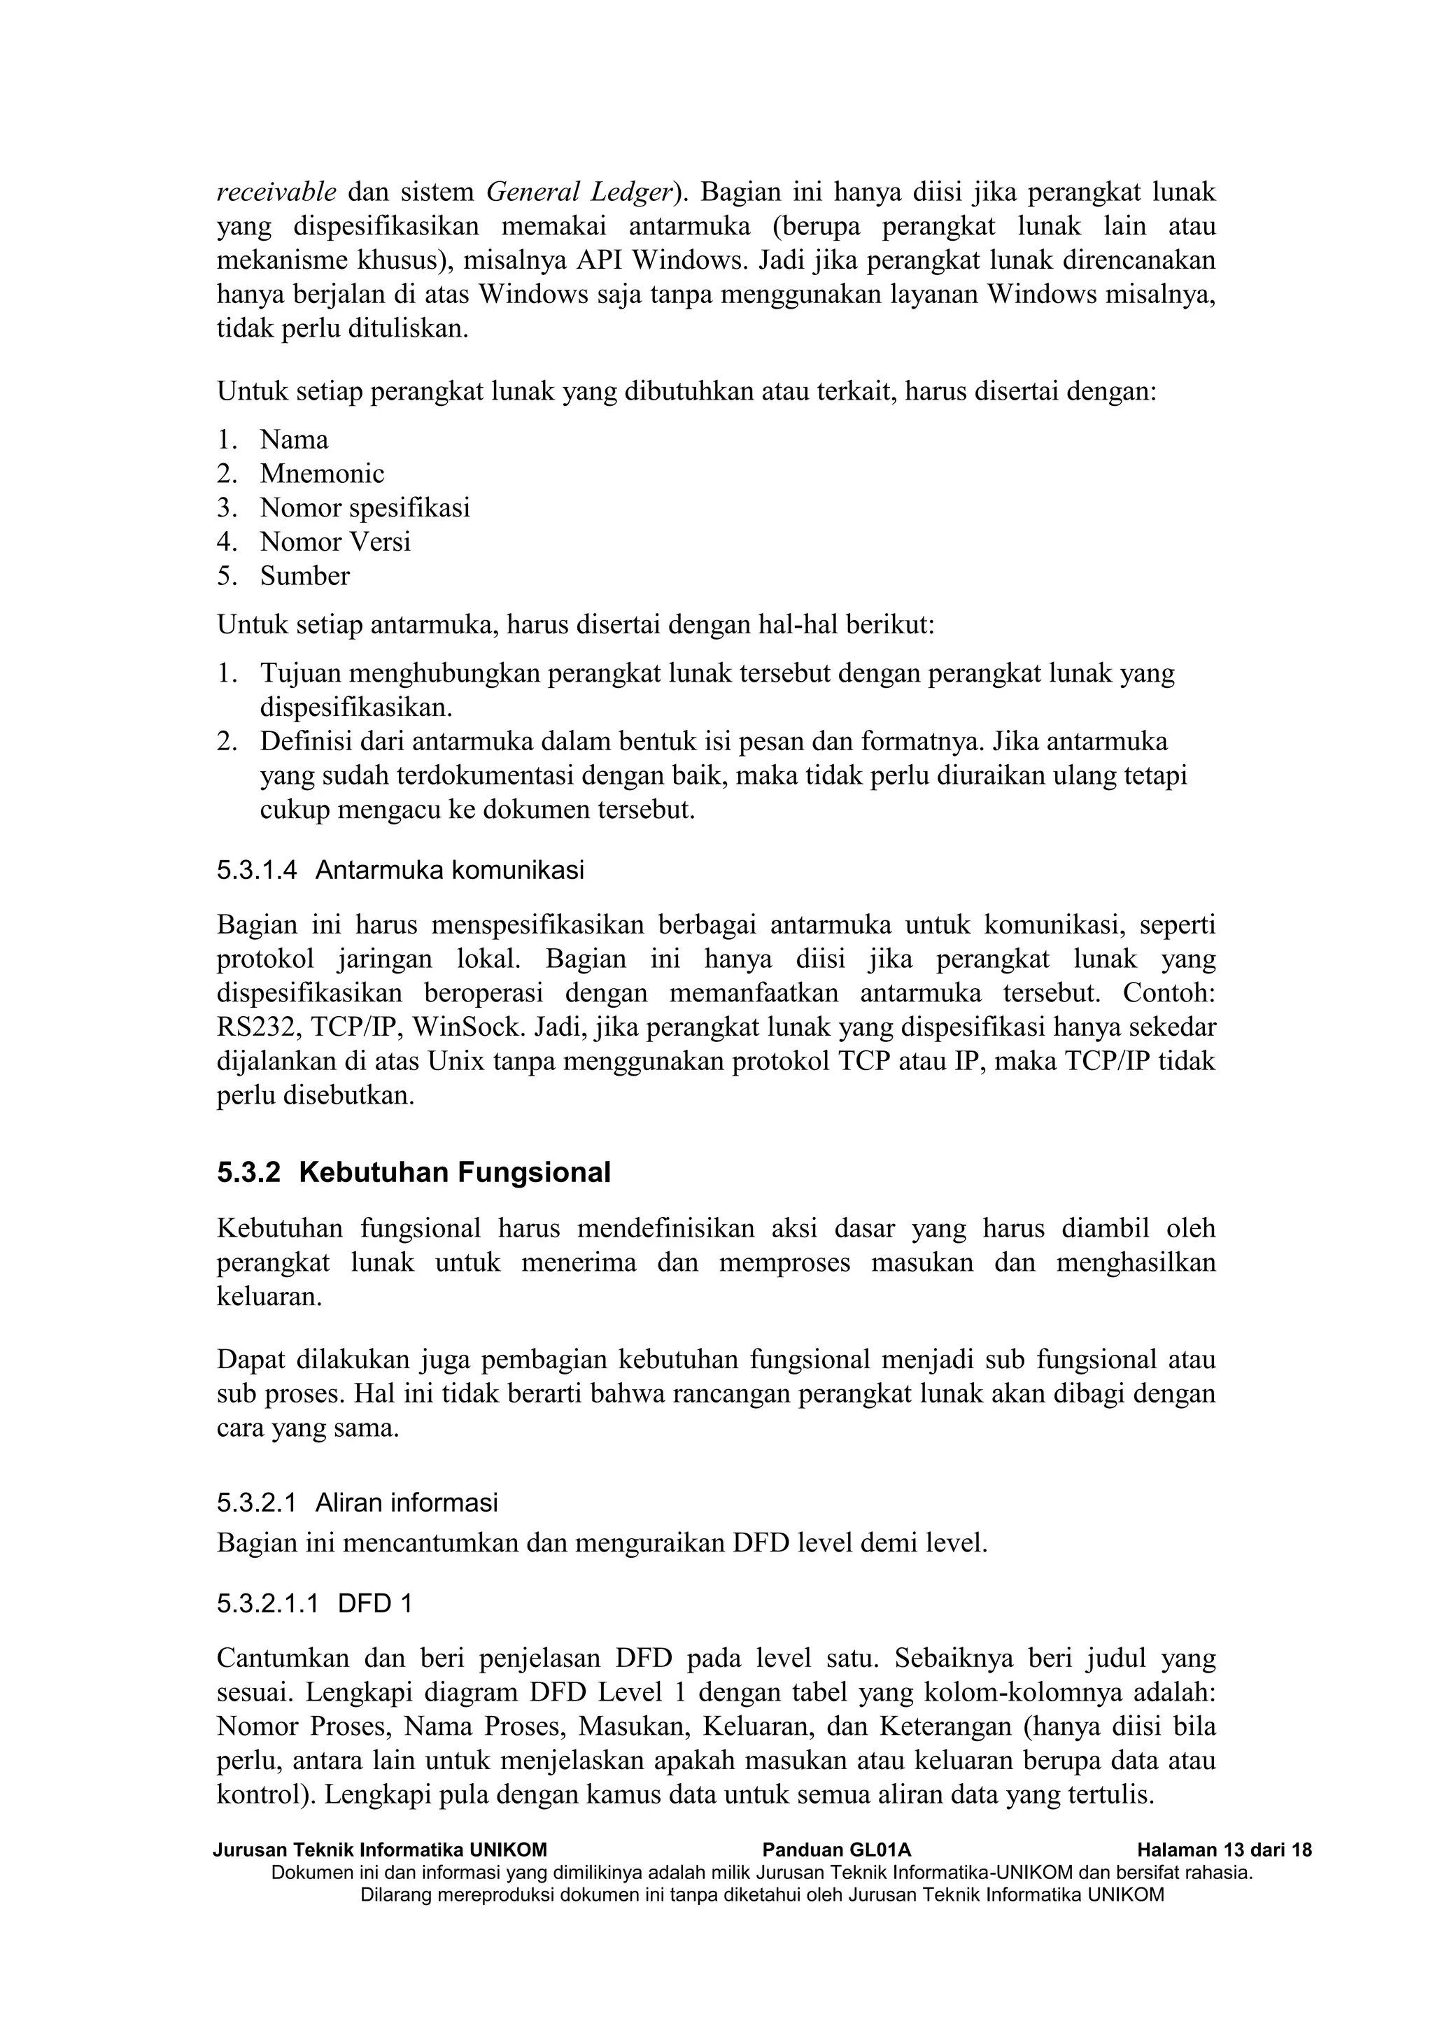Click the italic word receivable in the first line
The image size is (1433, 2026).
tap(276, 192)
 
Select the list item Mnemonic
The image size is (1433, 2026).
tap(322, 474)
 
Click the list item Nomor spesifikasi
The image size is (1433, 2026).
tap(365, 507)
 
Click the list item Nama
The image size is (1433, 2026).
tap(294, 439)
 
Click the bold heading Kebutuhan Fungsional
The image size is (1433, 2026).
tap(454, 1173)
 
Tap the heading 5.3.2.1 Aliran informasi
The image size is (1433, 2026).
tap(358, 1502)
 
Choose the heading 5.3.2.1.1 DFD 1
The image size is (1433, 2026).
tap(314, 1603)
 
